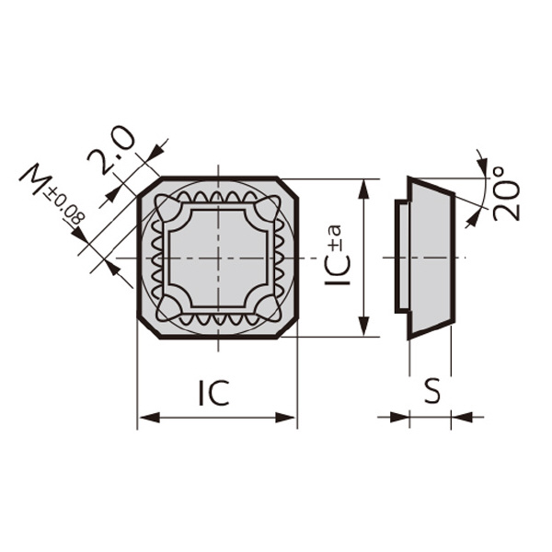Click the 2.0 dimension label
[x=111, y=150]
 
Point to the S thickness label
[x=432, y=391]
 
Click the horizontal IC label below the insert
[x=214, y=393]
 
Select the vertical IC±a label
[x=337, y=254]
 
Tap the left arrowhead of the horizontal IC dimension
[x=150, y=418]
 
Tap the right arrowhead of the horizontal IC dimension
[x=284, y=418]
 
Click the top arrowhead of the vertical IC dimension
[x=363, y=190]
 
